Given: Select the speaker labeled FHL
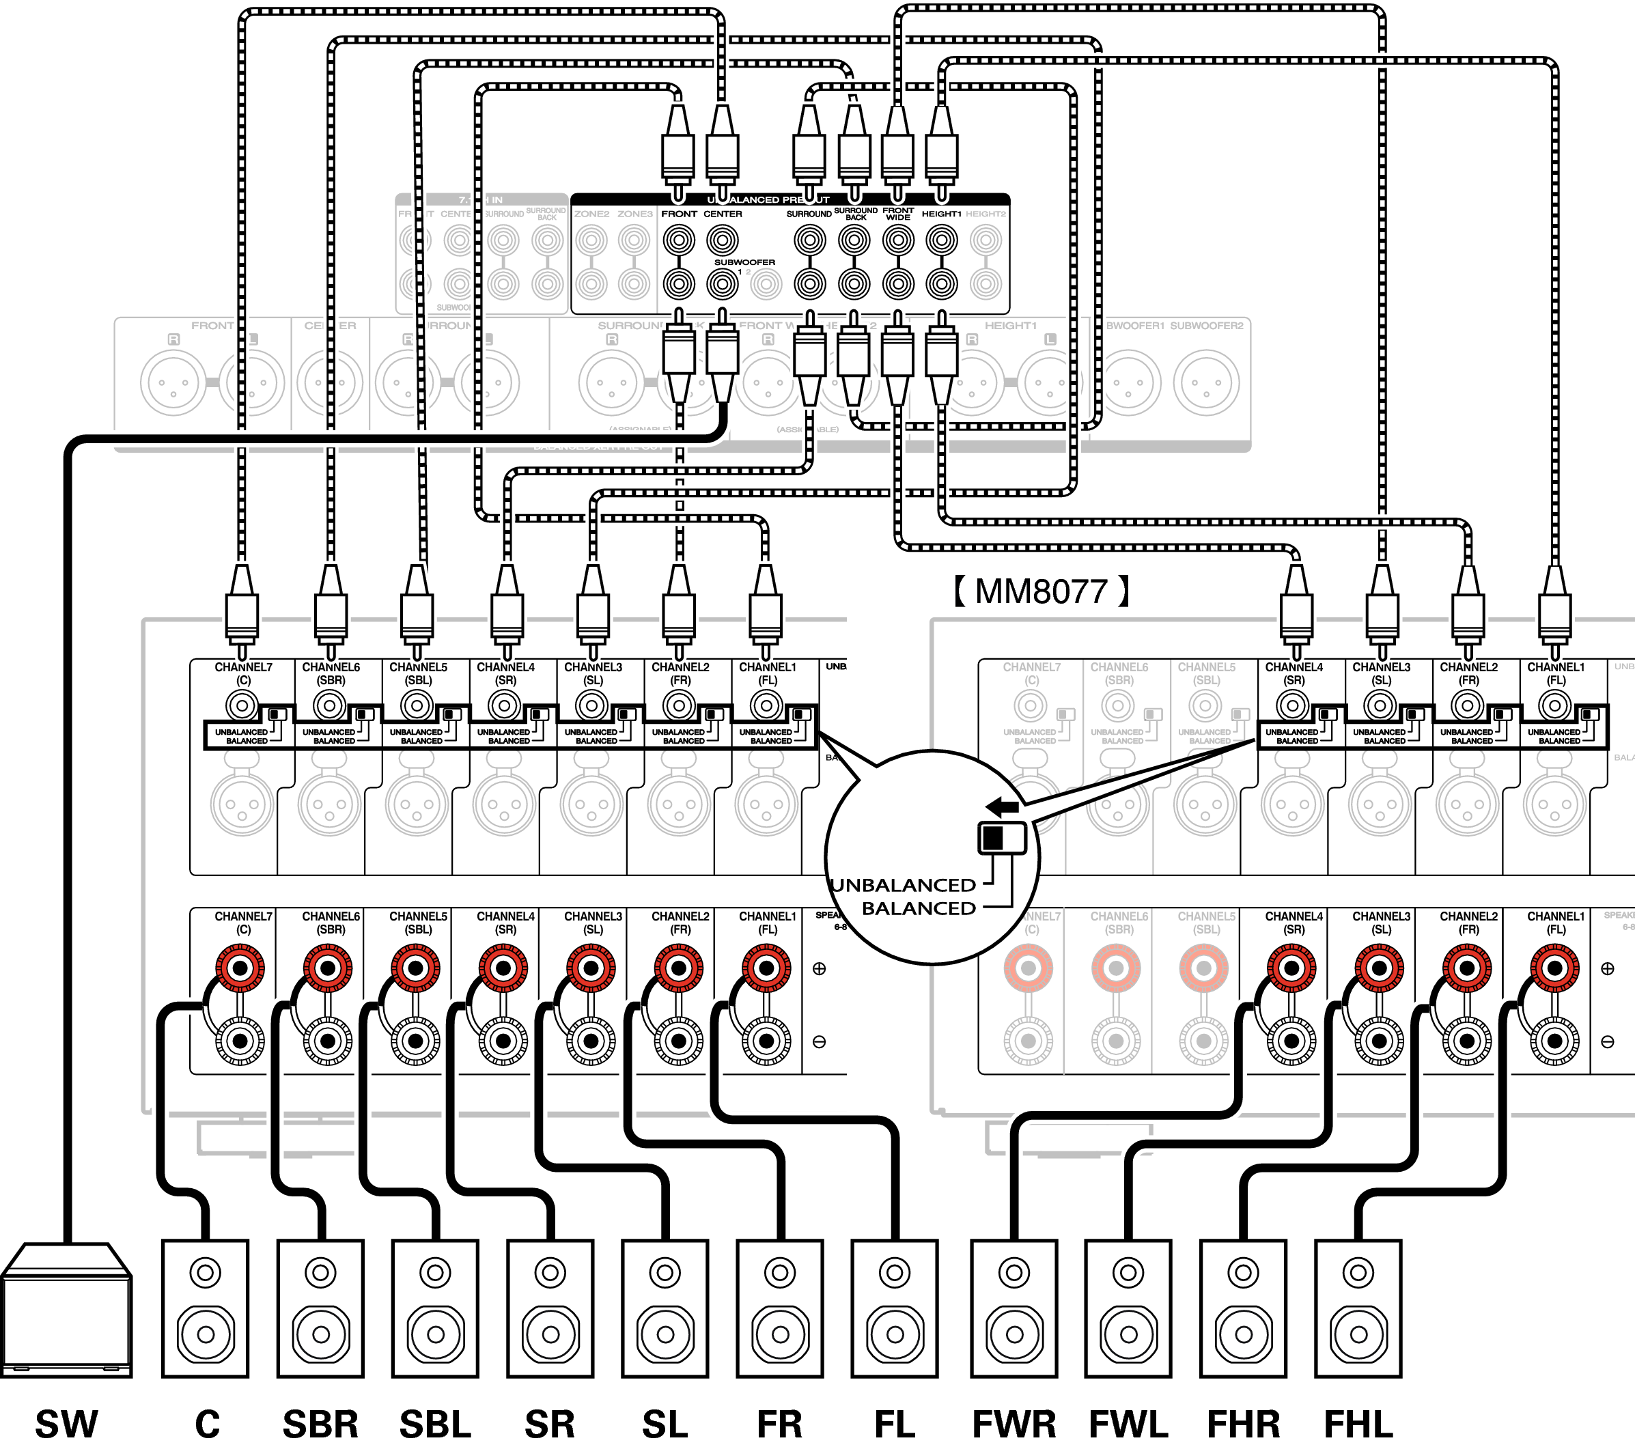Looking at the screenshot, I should click(1358, 1308).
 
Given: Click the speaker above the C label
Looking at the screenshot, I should click(206, 1308).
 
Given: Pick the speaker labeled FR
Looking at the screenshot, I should click(780, 1308).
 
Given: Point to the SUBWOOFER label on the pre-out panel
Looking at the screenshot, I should click(744, 262).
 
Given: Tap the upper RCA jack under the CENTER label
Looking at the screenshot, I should click(723, 239).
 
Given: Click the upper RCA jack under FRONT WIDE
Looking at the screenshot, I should click(898, 239).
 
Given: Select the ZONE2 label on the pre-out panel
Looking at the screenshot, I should click(592, 214).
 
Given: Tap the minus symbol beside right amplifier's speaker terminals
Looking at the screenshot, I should click(1607, 1041).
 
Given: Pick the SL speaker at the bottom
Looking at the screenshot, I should click(665, 1308).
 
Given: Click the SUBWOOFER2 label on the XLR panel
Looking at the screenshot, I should click(1206, 326).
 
